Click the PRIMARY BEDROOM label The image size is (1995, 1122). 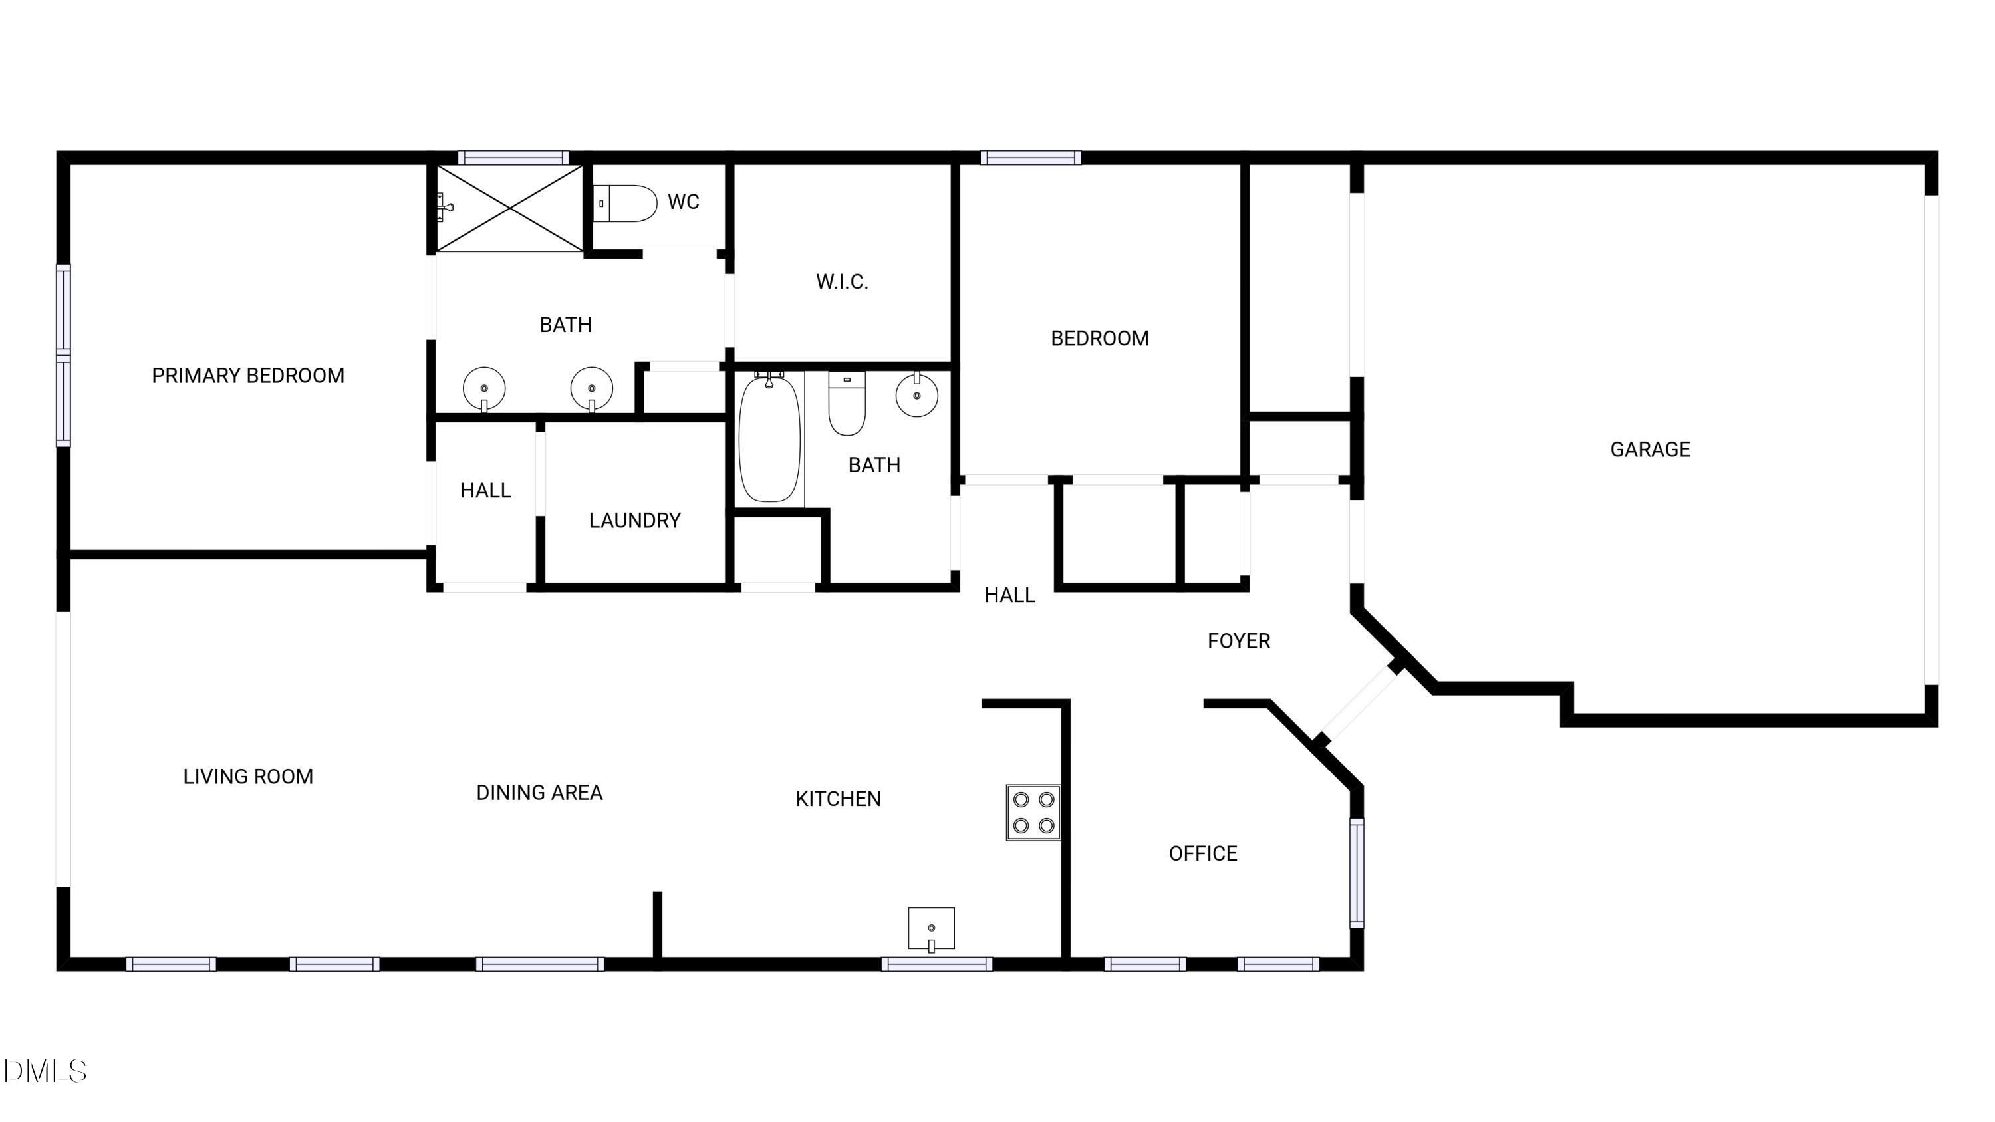248,376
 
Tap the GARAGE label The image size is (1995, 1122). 1650,449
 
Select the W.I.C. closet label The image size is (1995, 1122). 842,281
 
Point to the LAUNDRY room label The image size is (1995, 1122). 634,520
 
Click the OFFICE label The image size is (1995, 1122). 1203,853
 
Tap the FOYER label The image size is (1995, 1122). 1238,641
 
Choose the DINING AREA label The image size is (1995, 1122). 539,793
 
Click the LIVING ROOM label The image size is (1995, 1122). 248,777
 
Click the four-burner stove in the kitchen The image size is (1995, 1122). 1033,812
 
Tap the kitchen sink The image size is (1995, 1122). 931,928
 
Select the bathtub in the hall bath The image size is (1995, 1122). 769,438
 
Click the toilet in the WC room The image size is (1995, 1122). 625,203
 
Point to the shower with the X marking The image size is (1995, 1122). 509,208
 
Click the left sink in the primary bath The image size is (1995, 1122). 484,388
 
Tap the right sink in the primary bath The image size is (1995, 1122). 592,388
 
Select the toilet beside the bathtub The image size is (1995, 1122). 847,404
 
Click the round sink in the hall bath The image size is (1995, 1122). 917,395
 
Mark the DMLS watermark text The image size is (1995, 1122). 45,1071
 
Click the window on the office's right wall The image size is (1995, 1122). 1357,873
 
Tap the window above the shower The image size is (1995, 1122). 513,158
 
